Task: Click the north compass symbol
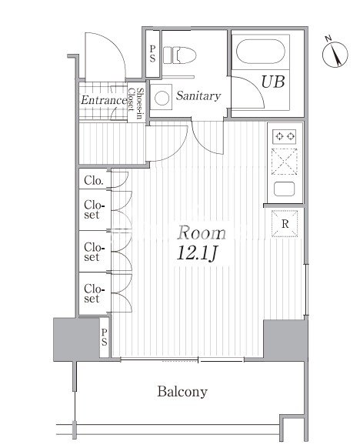click(x=335, y=53)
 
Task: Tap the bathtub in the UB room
click(x=260, y=52)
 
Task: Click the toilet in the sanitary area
click(x=179, y=55)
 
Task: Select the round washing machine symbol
click(x=162, y=98)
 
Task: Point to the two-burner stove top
click(x=284, y=136)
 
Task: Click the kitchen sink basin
click(x=284, y=189)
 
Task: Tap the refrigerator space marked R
click(x=285, y=224)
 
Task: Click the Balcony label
click(x=182, y=392)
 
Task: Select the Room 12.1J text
click(x=201, y=243)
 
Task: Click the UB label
click(x=273, y=82)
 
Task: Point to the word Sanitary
click(x=198, y=95)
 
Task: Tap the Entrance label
click(x=104, y=100)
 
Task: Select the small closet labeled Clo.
click(x=95, y=179)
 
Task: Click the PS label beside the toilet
click(x=153, y=54)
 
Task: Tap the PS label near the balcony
click(x=104, y=337)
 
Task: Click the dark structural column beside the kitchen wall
click(x=285, y=340)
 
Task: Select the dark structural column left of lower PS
click(x=76, y=339)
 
